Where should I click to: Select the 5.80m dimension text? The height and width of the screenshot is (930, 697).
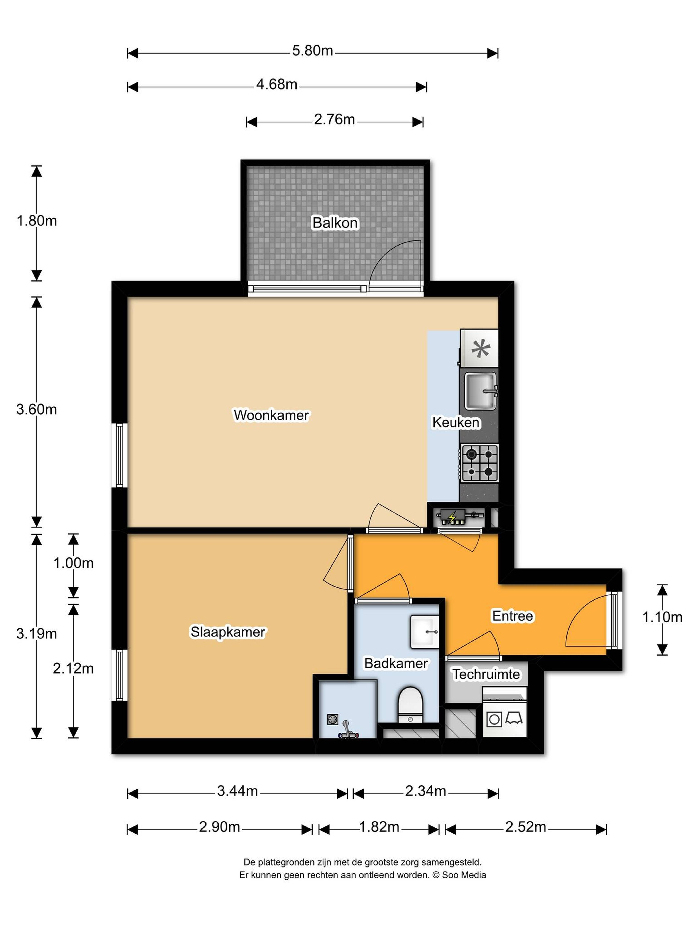tap(313, 51)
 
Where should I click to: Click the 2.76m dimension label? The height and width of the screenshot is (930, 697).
tap(334, 120)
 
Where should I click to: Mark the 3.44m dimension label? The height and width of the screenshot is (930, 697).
tap(237, 791)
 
